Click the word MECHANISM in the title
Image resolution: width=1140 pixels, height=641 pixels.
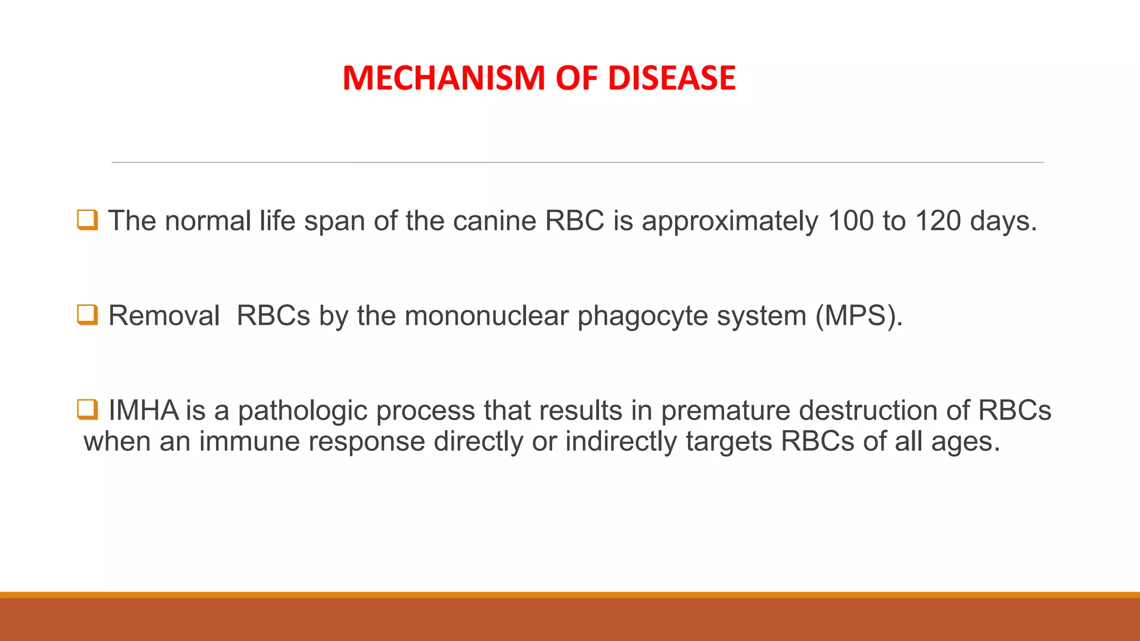click(444, 78)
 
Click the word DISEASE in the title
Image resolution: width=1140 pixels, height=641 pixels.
click(671, 78)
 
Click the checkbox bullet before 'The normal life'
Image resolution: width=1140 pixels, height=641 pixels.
click(87, 220)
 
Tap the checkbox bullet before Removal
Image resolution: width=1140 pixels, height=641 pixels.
click(87, 315)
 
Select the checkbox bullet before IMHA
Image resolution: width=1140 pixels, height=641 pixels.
click(87, 410)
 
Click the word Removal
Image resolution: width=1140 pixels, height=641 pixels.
click(164, 316)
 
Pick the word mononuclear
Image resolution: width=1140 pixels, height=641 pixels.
click(487, 316)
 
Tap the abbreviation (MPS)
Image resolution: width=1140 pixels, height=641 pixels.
click(859, 316)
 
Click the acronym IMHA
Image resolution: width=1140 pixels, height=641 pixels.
click(144, 411)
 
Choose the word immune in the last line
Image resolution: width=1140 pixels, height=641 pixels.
click(249, 442)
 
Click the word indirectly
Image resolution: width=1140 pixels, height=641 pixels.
click(621, 442)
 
